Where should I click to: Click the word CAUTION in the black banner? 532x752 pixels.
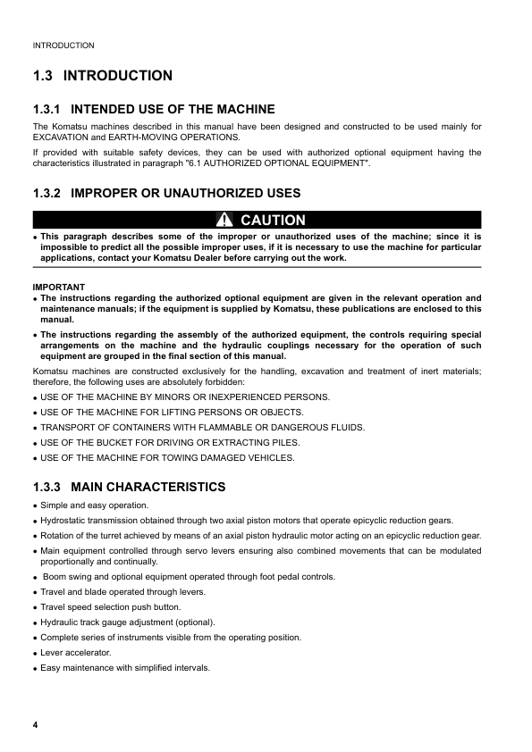(273, 221)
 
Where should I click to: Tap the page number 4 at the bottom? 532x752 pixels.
(35, 723)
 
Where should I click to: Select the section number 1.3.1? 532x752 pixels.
(50, 109)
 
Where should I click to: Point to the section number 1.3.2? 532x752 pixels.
(50, 193)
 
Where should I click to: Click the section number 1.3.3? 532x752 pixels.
(50, 487)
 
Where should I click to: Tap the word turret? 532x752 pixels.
(113, 535)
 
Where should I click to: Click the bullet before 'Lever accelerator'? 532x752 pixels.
(35, 653)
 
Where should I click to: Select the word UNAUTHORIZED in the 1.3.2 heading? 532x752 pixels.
(199, 193)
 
